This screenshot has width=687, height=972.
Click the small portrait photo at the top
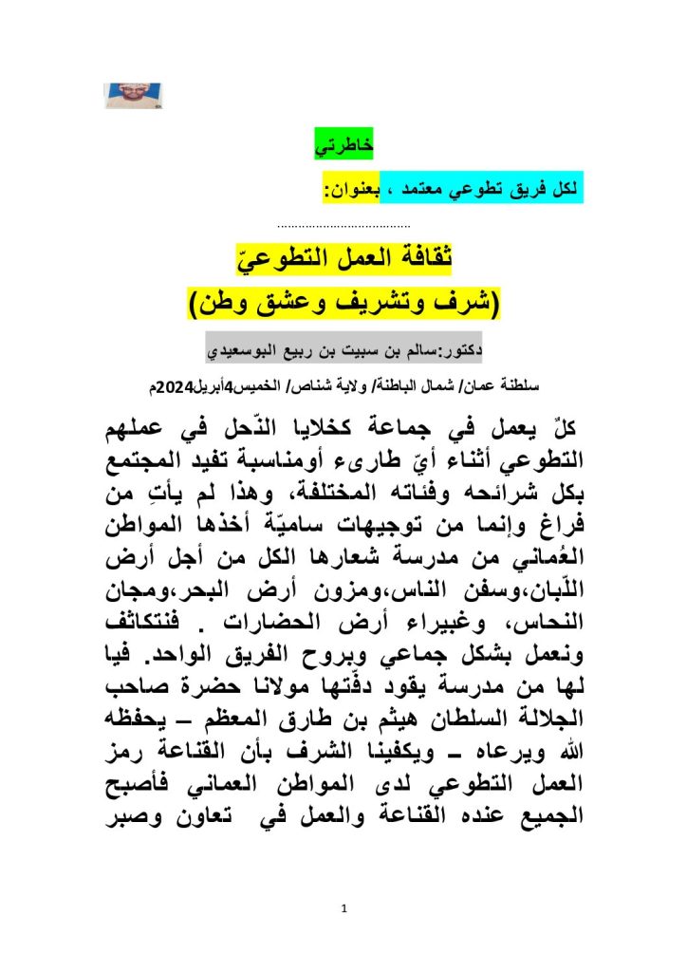pos(133,95)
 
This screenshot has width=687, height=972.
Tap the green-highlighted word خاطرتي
pos(344,147)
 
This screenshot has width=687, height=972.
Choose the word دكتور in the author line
pos(457,350)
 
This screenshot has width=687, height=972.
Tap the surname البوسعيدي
pos(246,350)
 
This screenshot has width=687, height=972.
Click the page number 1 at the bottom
pos(344,908)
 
